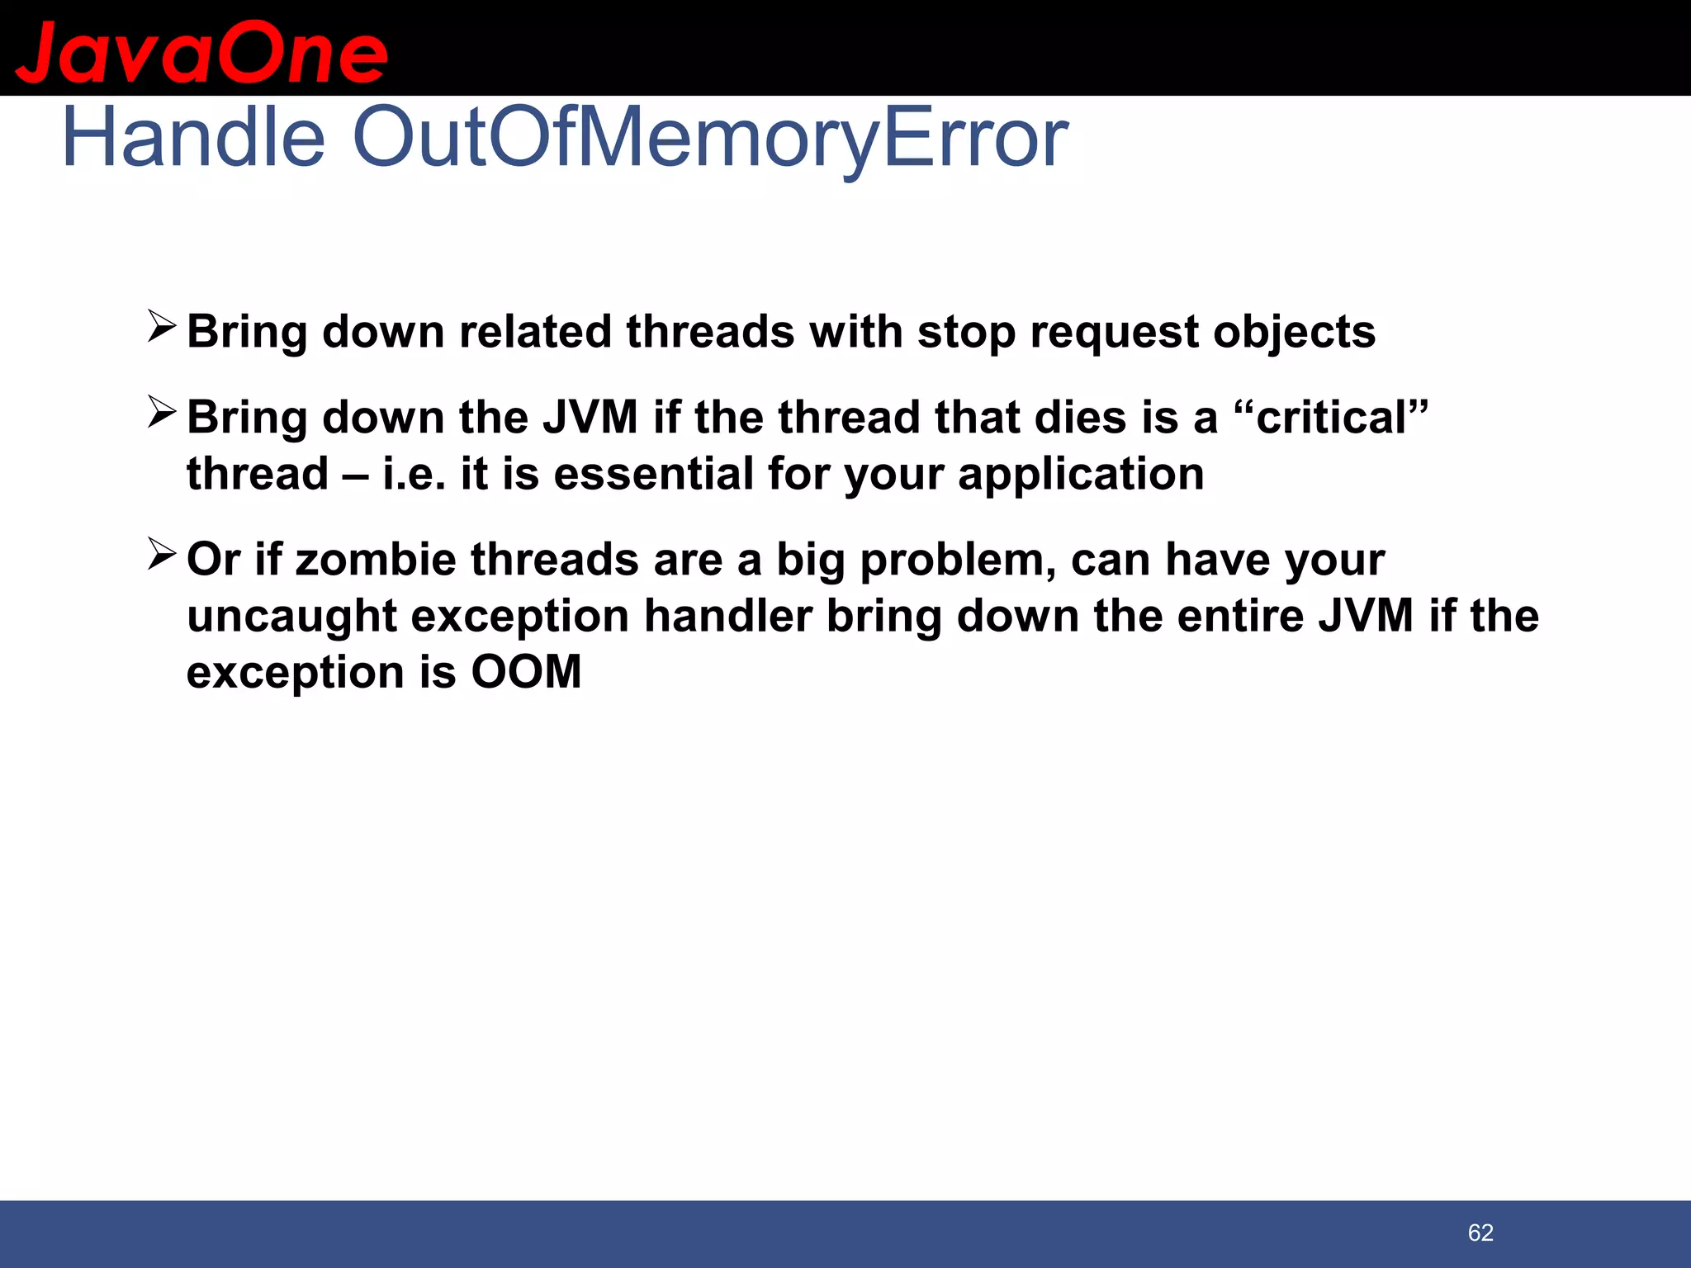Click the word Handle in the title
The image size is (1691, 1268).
pos(193,138)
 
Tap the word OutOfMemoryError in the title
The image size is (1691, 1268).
pos(710,138)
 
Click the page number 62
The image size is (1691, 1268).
pos(1480,1233)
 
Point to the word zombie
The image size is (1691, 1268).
pos(375,560)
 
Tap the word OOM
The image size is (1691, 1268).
pos(526,672)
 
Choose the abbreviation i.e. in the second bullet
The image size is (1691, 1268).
pos(414,475)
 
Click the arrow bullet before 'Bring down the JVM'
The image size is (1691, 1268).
pos(162,412)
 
